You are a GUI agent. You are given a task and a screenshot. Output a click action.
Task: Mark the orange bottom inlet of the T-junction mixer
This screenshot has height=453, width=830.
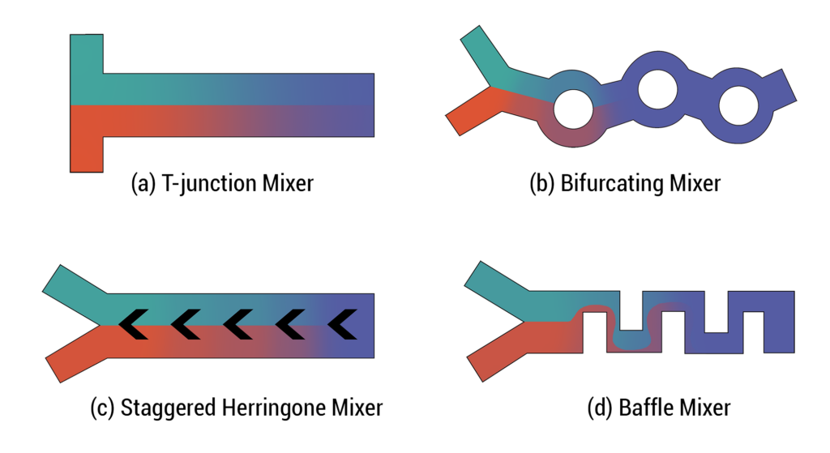(87, 154)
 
